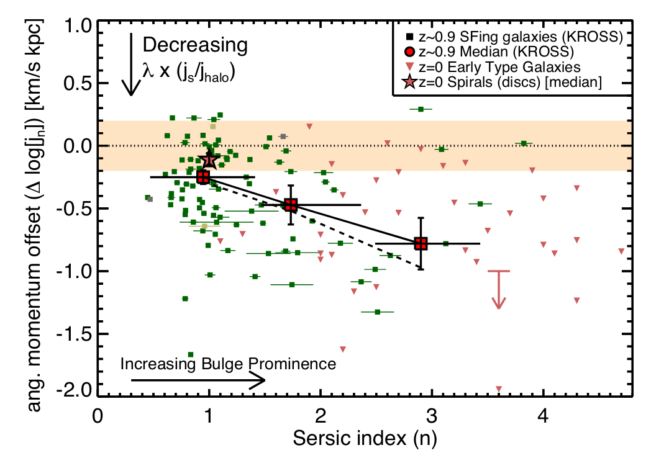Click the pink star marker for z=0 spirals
[209, 159]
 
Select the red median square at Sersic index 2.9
[421, 243]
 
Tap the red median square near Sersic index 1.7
[290, 204]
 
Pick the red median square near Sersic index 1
[203, 177]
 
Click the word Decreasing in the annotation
[195, 45]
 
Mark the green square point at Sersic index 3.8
[524, 143]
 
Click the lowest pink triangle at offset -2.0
[498, 389]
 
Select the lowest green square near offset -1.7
[191, 354]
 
